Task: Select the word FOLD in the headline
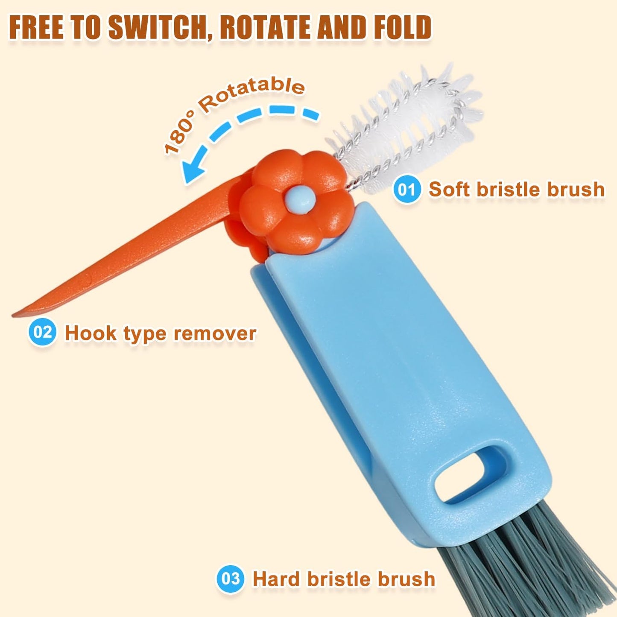[405, 27]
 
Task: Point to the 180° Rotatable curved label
[224, 109]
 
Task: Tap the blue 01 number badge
[406, 190]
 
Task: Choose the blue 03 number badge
[230, 578]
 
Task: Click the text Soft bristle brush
[517, 190]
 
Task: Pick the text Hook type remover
[161, 333]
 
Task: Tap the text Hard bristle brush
[344, 579]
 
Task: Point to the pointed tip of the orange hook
[13, 316]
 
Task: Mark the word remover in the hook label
[215, 334]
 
